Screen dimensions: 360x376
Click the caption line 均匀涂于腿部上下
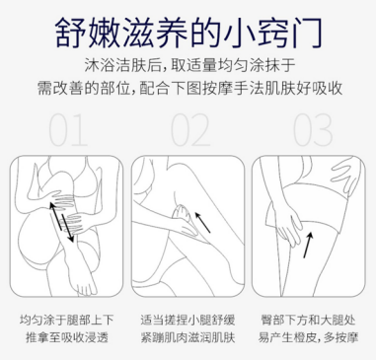pos(65,321)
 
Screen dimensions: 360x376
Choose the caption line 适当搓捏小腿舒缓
pos(188,321)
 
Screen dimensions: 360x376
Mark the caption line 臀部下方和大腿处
pos(309,321)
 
